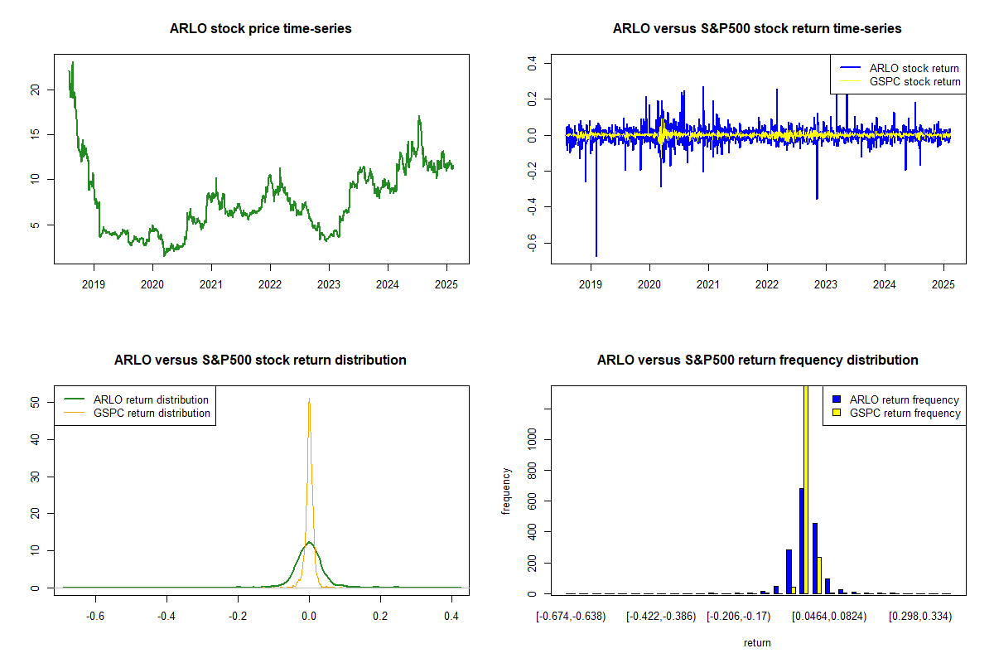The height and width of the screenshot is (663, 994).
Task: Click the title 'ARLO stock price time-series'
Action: pos(260,29)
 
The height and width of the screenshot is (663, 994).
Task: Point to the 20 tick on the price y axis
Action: pos(35,90)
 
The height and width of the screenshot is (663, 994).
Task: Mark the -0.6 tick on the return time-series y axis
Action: pos(532,241)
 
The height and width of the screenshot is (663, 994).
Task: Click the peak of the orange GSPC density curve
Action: pos(309,400)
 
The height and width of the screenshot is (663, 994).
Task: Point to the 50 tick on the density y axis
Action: pos(35,401)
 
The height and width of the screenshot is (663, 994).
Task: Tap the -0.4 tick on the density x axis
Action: pos(166,617)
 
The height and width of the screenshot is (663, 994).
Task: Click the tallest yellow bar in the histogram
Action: pos(806,489)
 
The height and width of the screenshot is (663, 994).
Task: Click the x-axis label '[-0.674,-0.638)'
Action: pos(571,617)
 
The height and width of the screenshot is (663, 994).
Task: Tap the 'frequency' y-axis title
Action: pos(507,491)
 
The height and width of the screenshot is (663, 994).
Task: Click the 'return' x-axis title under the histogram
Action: pos(757,642)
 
